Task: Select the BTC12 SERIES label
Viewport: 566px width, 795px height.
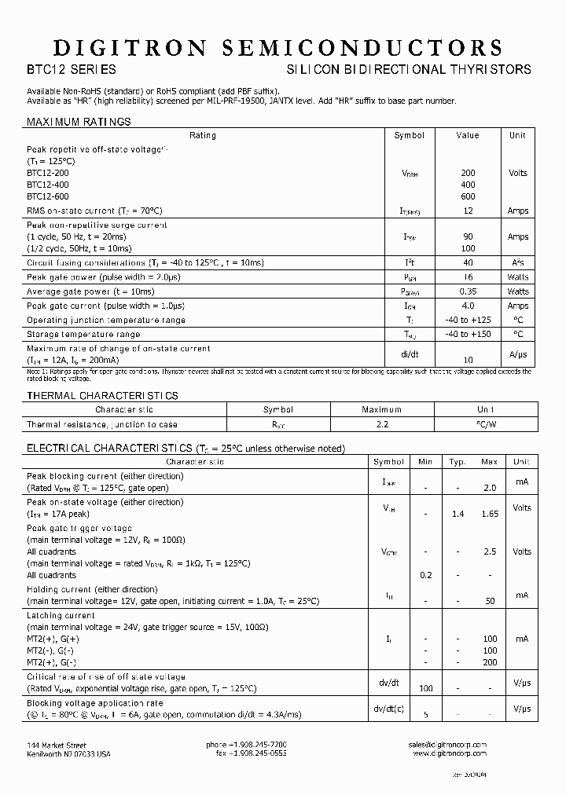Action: pos(72,70)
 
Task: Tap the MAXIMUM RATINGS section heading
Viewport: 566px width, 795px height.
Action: pos(79,122)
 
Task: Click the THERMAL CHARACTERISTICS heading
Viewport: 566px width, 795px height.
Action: pos(102,396)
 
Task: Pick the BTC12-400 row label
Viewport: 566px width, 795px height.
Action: pos(47,184)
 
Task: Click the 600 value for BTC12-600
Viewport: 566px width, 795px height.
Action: pos(468,196)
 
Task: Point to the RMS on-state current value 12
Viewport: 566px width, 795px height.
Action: pos(468,211)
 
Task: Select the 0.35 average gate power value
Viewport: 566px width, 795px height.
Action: pos(468,291)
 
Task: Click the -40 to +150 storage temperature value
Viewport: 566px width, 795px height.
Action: pos(468,334)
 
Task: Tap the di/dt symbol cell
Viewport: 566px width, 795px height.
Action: pos(410,354)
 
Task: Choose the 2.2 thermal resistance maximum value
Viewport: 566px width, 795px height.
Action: pos(382,424)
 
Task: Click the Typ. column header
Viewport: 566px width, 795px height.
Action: pos(458,462)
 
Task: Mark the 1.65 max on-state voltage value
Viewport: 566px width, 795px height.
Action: pos(490,514)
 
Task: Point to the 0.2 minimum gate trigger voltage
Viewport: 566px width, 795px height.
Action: pos(426,575)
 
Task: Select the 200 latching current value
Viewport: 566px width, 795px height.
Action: pos(490,662)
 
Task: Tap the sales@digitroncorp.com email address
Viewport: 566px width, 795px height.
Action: pos(448,745)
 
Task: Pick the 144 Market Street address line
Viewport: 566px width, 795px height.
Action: pos(57,745)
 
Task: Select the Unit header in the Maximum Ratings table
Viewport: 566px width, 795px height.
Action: pos(517,135)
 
